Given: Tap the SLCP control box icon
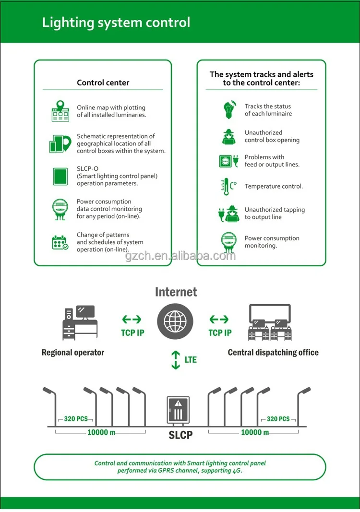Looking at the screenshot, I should click(x=178, y=410).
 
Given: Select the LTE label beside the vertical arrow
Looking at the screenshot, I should click(x=191, y=359).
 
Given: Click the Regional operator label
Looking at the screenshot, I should click(x=73, y=353).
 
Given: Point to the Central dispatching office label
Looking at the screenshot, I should click(x=273, y=353).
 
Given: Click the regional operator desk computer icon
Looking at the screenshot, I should click(x=80, y=322).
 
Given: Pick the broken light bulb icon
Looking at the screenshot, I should click(x=228, y=110).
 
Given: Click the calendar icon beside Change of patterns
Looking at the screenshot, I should click(x=60, y=242).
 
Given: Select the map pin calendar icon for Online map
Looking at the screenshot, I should click(x=60, y=111).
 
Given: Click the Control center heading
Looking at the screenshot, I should click(x=103, y=83).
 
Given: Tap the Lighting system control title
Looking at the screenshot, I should click(x=116, y=23).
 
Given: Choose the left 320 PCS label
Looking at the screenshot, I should click(x=76, y=419).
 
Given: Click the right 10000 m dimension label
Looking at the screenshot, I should click(x=254, y=432).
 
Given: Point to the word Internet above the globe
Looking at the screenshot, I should click(x=176, y=292).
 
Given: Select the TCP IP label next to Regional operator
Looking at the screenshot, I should click(x=132, y=333).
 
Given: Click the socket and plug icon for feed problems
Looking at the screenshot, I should click(x=228, y=161).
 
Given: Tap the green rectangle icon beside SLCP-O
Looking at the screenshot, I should click(x=60, y=176).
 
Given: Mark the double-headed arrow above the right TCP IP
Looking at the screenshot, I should click(x=219, y=320).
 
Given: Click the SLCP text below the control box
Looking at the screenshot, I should click(x=180, y=435).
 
